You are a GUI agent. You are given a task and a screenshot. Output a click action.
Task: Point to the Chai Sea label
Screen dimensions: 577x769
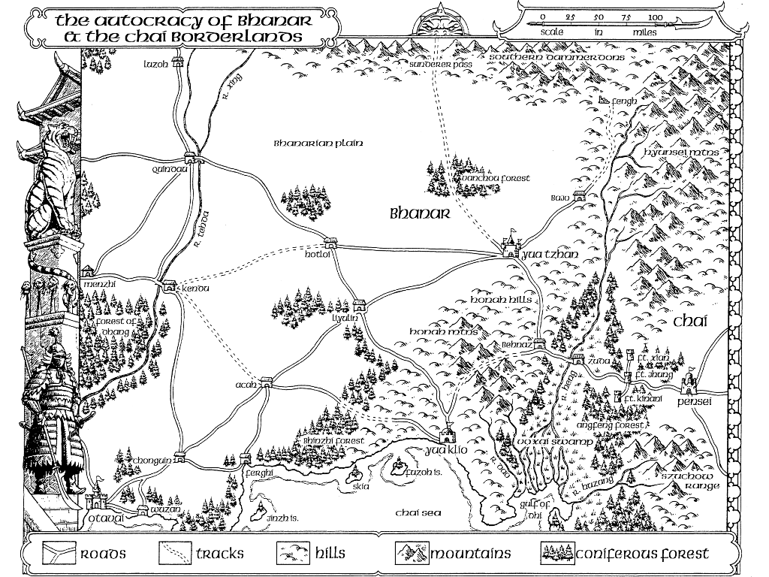(x=418, y=512)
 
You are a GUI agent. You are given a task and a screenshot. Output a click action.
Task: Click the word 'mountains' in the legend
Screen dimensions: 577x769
(x=470, y=554)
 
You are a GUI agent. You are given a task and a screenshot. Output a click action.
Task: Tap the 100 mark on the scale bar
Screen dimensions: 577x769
(x=655, y=16)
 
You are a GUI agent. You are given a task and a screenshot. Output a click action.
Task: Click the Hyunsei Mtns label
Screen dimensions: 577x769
(x=681, y=153)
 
